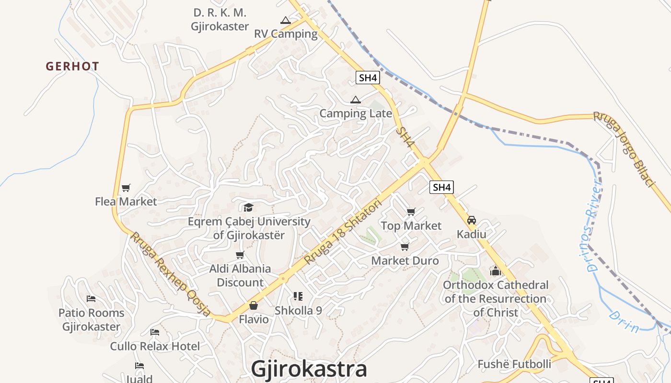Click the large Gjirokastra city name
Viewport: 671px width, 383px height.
[309, 369]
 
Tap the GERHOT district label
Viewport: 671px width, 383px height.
[72, 66]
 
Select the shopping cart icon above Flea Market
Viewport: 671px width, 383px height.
[126, 188]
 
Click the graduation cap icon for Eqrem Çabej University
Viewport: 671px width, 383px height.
[248, 207]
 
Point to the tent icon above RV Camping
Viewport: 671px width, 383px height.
[286, 20]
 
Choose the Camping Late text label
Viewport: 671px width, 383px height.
[356, 113]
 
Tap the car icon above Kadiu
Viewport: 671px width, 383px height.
[472, 220]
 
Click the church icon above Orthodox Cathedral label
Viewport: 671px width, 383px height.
[496, 271]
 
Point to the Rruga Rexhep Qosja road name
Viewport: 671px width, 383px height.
[171, 274]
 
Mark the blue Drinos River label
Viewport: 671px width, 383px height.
[594, 225]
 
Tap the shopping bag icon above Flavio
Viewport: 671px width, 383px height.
[254, 305]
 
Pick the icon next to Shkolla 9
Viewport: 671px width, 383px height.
[298, 296]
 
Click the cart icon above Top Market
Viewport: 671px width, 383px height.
[411, 212]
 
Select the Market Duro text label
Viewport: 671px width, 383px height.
[405, 260]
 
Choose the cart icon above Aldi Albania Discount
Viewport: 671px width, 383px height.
[240, 255]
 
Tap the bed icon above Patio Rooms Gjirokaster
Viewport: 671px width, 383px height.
[91, 299]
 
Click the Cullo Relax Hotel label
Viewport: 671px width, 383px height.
[155, 346]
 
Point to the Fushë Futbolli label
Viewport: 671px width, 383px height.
[514, 364]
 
